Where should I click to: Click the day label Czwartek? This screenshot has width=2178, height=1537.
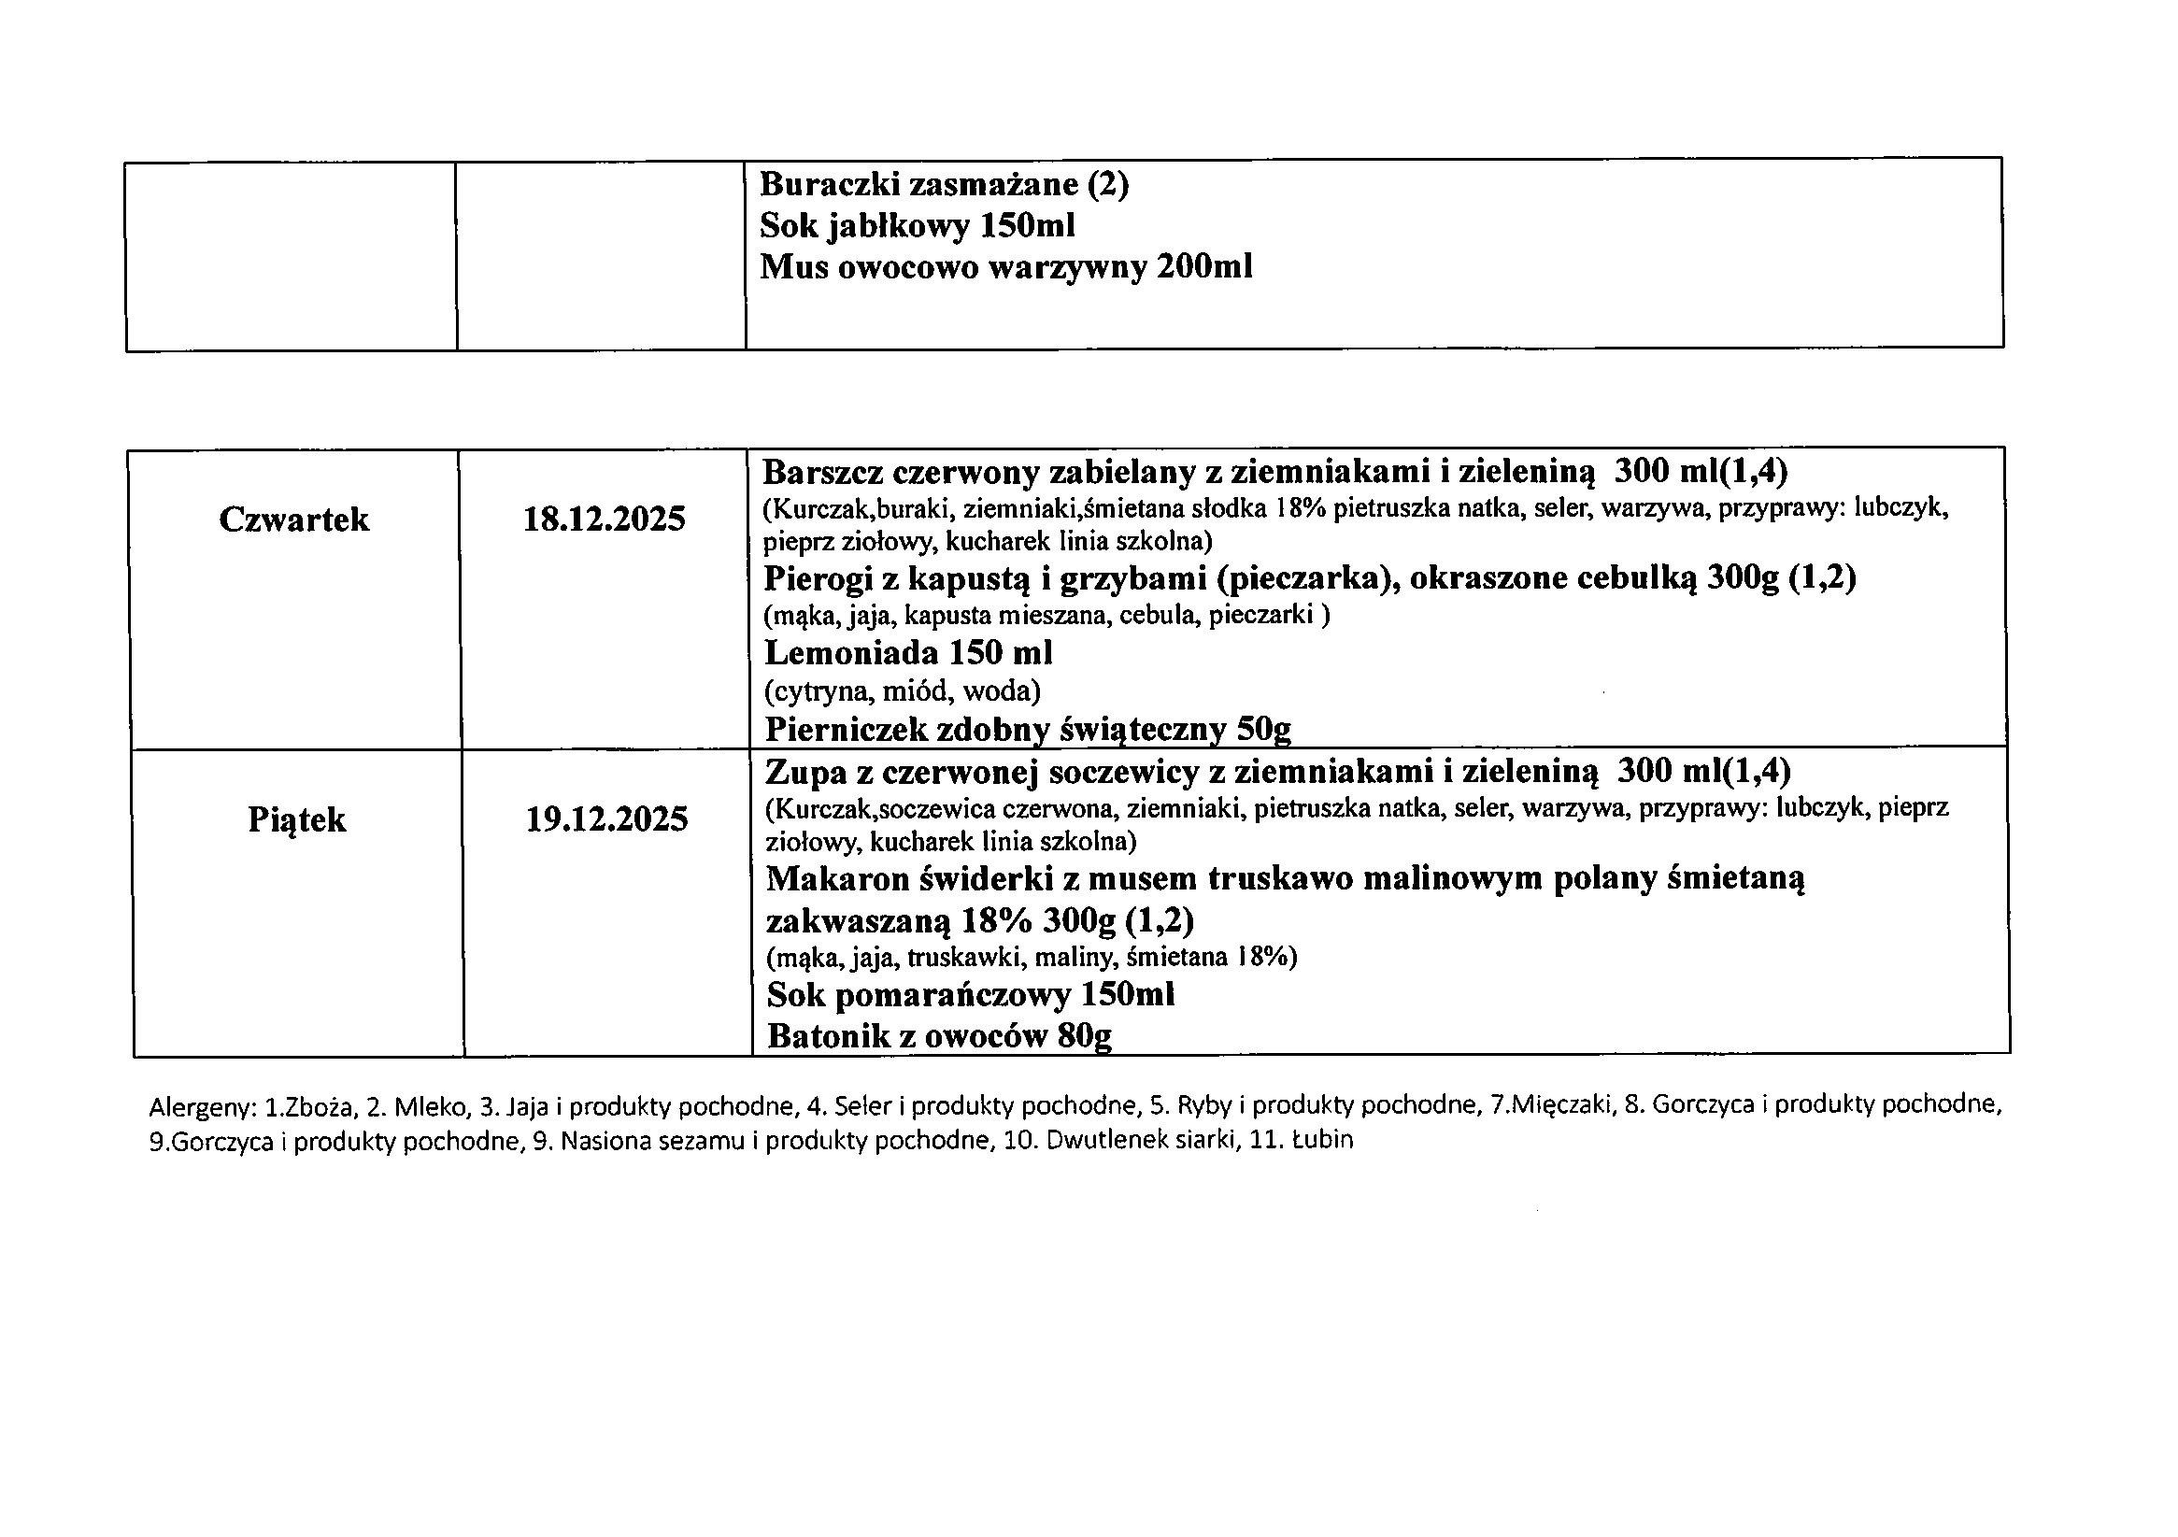[294, 519]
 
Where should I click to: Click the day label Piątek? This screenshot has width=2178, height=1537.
[297, 819]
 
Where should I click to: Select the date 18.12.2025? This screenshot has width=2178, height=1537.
[605, 519]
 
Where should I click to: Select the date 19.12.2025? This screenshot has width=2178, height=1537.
[607, 819]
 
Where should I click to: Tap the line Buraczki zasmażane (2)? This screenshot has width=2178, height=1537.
[944, 184]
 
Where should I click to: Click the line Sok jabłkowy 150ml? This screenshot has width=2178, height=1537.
[918, 226]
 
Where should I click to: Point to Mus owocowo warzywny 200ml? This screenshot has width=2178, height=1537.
[1005, 267]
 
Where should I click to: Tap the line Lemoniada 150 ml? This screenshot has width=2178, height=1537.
[908, 653]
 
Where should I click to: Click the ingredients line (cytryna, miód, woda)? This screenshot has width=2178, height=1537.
[902, 690]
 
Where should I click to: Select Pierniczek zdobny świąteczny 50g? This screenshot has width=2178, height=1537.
[1028, 729]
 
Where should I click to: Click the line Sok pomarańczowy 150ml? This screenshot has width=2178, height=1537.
[971, 994]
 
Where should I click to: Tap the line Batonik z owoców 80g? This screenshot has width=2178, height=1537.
[939, 1036]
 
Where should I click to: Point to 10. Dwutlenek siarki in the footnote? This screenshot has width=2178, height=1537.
[1121, 1140]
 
